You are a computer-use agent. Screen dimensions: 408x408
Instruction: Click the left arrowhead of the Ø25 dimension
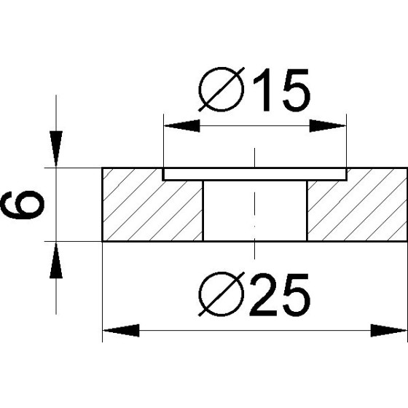click(121, 331)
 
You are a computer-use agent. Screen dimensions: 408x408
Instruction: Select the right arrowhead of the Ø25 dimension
click(389, 331)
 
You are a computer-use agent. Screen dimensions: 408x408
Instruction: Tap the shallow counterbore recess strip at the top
click(254, 174)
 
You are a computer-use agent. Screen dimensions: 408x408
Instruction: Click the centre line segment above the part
click(254, 157)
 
